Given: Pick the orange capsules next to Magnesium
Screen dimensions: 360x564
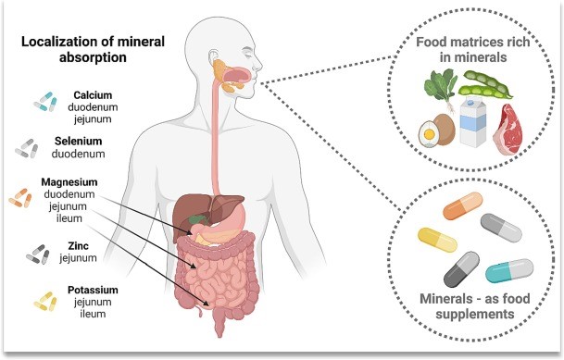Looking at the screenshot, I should tap(20, 197).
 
